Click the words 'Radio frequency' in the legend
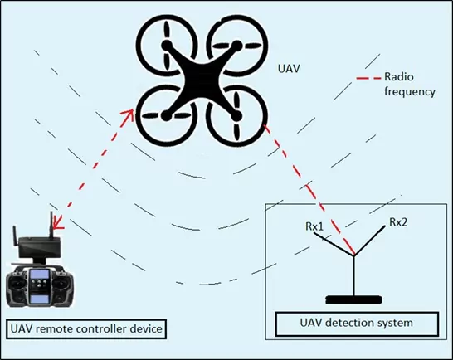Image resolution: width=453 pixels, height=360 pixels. (409, 84)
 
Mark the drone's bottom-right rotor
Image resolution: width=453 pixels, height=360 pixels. (236, 116)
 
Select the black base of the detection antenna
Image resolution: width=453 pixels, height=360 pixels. (354, 299)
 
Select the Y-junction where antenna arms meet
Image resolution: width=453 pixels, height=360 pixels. (354, 255)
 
